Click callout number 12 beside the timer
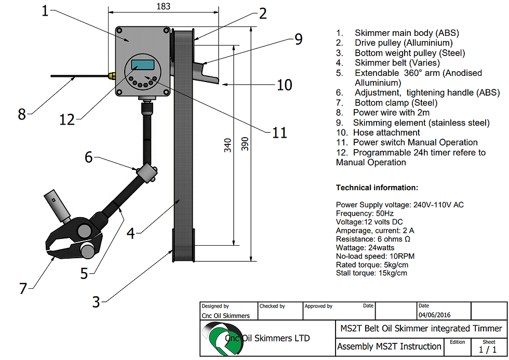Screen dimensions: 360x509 click(67, 119)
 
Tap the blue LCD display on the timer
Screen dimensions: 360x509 click(143, 65)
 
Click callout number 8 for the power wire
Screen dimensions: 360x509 click(21, 114)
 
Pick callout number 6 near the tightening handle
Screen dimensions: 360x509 click(89, 156)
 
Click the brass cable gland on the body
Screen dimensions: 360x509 click(111, 76)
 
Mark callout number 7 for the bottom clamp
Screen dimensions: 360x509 click(23, 288)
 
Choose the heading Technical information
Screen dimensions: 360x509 click(377, 188)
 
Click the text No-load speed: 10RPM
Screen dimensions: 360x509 click(375, 256)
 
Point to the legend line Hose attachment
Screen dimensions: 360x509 click(386, 132)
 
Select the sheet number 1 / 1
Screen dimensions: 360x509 click(488, 350)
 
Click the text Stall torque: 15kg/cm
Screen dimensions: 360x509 click(371, 273)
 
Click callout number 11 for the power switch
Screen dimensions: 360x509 click(279, 132)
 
